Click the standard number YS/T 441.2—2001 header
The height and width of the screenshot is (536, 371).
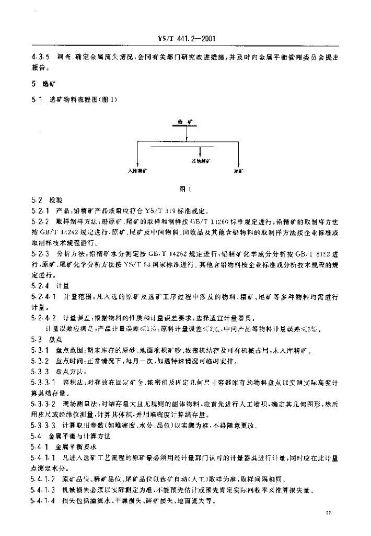point(187,39)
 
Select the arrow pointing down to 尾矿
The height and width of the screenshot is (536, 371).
point(237,157)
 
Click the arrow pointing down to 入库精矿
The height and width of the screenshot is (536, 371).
point(137,157)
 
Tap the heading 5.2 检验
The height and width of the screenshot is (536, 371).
point(47,200)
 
